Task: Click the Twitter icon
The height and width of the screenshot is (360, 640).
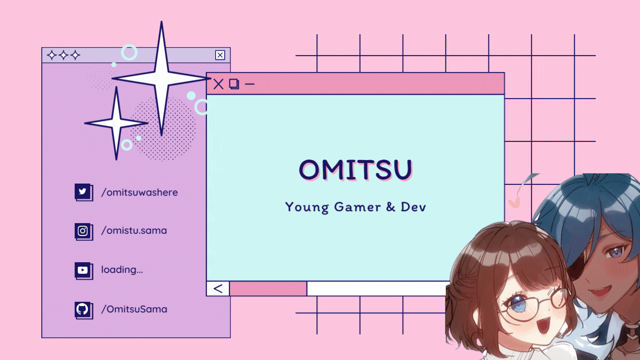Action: click(83, 192)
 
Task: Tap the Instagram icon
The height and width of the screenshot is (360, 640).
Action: click(83, 231)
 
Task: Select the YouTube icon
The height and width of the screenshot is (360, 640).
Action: click(83, 270)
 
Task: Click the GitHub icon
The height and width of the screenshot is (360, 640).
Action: click(83, 309)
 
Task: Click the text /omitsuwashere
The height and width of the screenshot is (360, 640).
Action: click(140, 192)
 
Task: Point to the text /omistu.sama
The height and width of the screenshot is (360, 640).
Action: click(134, 231)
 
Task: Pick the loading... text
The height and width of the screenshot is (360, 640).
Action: click(122, 270)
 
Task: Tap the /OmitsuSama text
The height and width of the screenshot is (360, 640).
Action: click(134, 309)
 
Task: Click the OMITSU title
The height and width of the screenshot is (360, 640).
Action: click(356, 169)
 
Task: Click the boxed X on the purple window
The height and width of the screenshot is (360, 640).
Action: click(220, 55)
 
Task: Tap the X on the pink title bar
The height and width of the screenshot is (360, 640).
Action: click(218, 84)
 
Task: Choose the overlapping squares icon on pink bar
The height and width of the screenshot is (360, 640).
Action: click(234, 84)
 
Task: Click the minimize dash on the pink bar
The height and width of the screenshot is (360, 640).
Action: click(250, 84)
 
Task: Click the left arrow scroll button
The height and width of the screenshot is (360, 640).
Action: click(218, 288)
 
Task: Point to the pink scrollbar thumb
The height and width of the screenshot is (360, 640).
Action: click(268, 288)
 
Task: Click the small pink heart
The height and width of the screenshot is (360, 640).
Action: click(514, 202)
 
